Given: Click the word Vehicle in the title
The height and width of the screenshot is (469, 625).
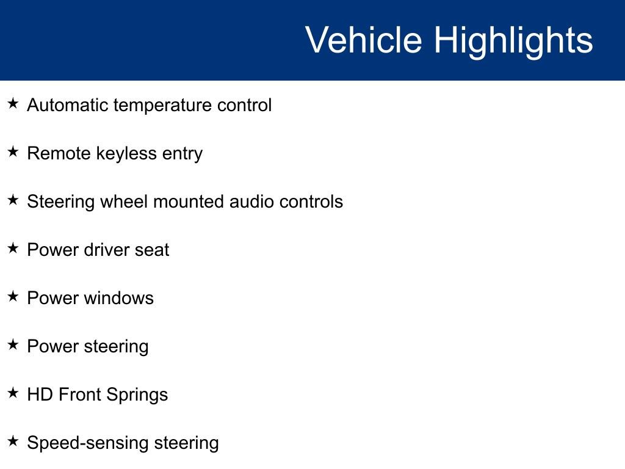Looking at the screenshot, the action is click(364, 40).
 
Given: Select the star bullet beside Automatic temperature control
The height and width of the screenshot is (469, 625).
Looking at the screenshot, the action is click(13, 103).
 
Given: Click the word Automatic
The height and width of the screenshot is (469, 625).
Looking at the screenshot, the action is click(68, 105).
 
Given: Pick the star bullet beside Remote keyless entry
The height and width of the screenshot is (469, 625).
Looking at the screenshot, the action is click(13, 151).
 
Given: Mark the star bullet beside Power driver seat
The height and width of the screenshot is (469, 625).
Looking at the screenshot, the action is click(13, 248).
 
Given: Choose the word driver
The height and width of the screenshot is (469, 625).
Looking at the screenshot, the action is click(107, 250).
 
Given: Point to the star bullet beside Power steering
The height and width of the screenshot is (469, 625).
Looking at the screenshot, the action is click(13, 344).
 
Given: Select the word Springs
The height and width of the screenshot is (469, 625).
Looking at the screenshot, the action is click(137, 396).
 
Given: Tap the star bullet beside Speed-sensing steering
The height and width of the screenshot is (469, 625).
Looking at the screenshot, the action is click(13, 441).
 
